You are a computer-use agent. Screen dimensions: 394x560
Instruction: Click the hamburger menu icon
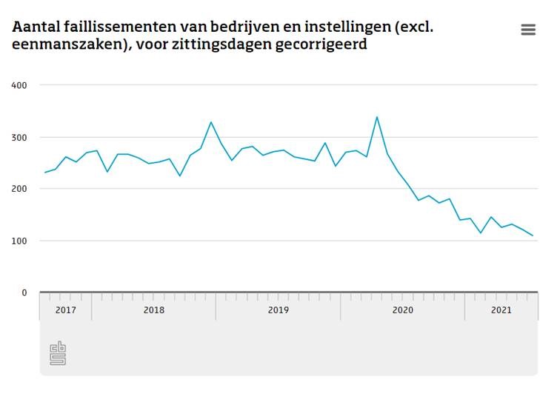(528, 30)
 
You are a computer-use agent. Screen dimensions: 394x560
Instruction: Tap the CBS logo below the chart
(58, 353)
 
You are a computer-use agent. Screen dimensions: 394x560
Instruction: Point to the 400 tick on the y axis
(19, 85)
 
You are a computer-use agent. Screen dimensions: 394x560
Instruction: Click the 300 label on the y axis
(19, 137)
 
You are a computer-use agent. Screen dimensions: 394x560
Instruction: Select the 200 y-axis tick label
(19, 189)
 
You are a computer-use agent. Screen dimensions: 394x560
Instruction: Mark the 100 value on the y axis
(19, 241)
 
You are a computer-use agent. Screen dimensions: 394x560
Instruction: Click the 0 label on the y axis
(24, 293)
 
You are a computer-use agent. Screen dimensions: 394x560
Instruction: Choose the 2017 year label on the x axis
(66, 310)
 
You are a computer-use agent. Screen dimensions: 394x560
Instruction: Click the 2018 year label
(153, 310)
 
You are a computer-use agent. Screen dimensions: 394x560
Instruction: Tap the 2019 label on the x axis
(278, 310)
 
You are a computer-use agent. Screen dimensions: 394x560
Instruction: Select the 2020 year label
(402, 310)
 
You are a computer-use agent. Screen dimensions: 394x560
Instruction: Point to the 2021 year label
(501, 310)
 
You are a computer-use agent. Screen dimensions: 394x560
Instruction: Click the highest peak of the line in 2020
(377, 117)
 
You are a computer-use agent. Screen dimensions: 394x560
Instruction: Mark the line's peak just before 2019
(211, 122)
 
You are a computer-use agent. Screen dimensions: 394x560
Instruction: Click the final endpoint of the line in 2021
(533, 236)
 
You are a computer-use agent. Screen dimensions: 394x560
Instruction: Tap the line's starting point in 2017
(45, 173)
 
